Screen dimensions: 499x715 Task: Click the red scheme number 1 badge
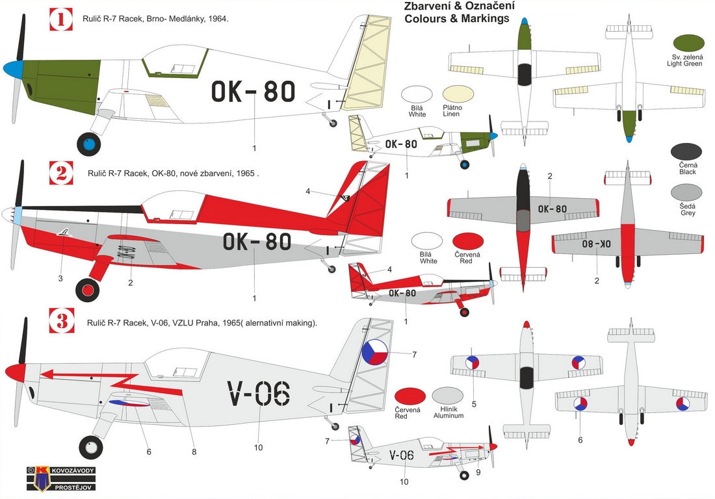coord(61,19)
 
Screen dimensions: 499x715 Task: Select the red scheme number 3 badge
coord(61,322)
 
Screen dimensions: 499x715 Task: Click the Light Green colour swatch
coord(688,44)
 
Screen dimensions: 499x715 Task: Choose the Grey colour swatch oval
coord(686,193)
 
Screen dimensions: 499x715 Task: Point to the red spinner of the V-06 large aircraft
coord(14,372)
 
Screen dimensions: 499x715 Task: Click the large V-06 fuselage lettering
coord(258,394)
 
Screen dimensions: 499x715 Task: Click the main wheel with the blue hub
coord(89,144)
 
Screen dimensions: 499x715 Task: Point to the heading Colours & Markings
coord(456,19)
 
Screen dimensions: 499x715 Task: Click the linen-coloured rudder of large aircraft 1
coord(368,71)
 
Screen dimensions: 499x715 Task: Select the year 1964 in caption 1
coord(217,19)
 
